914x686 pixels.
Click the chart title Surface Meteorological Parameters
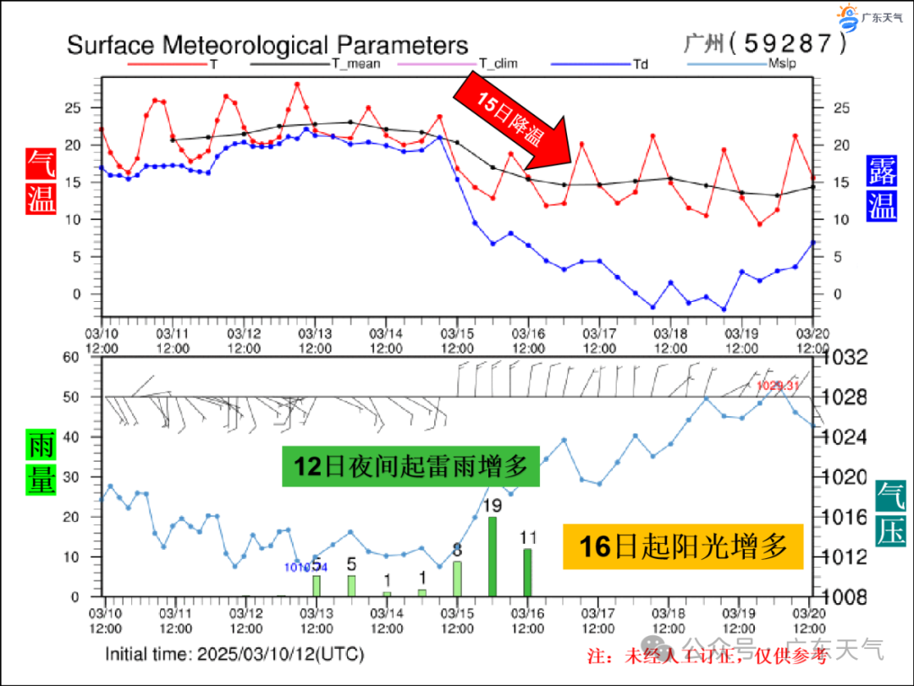pos(267,45)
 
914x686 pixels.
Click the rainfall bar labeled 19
pos(493,556)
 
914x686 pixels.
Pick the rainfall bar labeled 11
pos(528,572)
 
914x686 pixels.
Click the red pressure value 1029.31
pos(777,386)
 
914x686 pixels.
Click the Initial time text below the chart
pos(234,654)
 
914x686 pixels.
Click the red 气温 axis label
pos(41,181)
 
